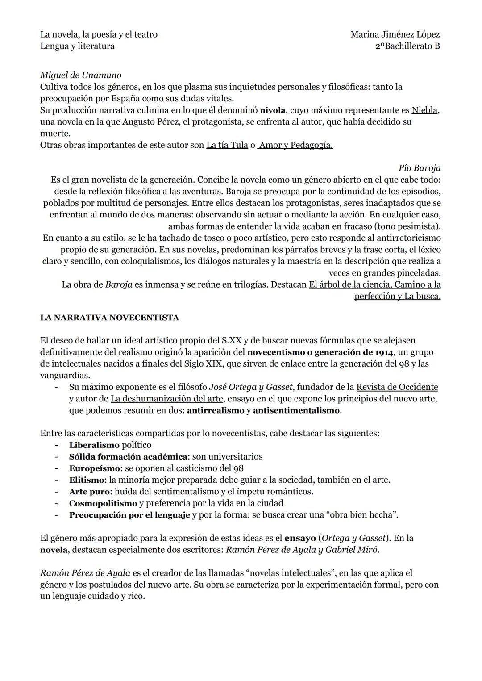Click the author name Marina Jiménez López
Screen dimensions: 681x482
pyautogui.click(x=395, y=34)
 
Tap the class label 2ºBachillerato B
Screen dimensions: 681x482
pyautogui.click(x=407, y=46)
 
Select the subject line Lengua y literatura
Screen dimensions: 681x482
pyautogui.click(x=77, y=46)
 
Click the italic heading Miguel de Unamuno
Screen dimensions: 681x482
pyautogui.click(x=80, y=75)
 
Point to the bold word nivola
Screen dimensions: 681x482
pyautogui.click(x=272, y=110)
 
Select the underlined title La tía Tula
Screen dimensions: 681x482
pyautogui.click(x=227, y=145)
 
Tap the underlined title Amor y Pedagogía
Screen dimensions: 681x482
pyautogui.click(x=295, y=145)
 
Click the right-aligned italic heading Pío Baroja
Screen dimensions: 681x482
pyautogui.click(x=419, y=168)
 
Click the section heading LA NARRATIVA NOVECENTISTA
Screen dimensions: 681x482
pyautogui.click(x=109, y=318)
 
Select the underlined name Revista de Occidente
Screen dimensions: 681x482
pyautogui.click(x=397, y=387)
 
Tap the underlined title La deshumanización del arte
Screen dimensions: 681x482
pyautogui.click(x=167, y=398)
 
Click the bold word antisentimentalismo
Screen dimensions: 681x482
pyautogui.click(x=296, y=410)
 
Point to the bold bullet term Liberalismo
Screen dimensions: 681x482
pyautogui.click(x=94, y=445)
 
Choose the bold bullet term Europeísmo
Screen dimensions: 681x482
pyautogui.click(x=95, y=468)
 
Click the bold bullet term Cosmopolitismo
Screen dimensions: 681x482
pyautogui.click(x=103, y=503)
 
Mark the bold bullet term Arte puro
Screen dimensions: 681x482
pyautogui.click(x=89, y=492)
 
